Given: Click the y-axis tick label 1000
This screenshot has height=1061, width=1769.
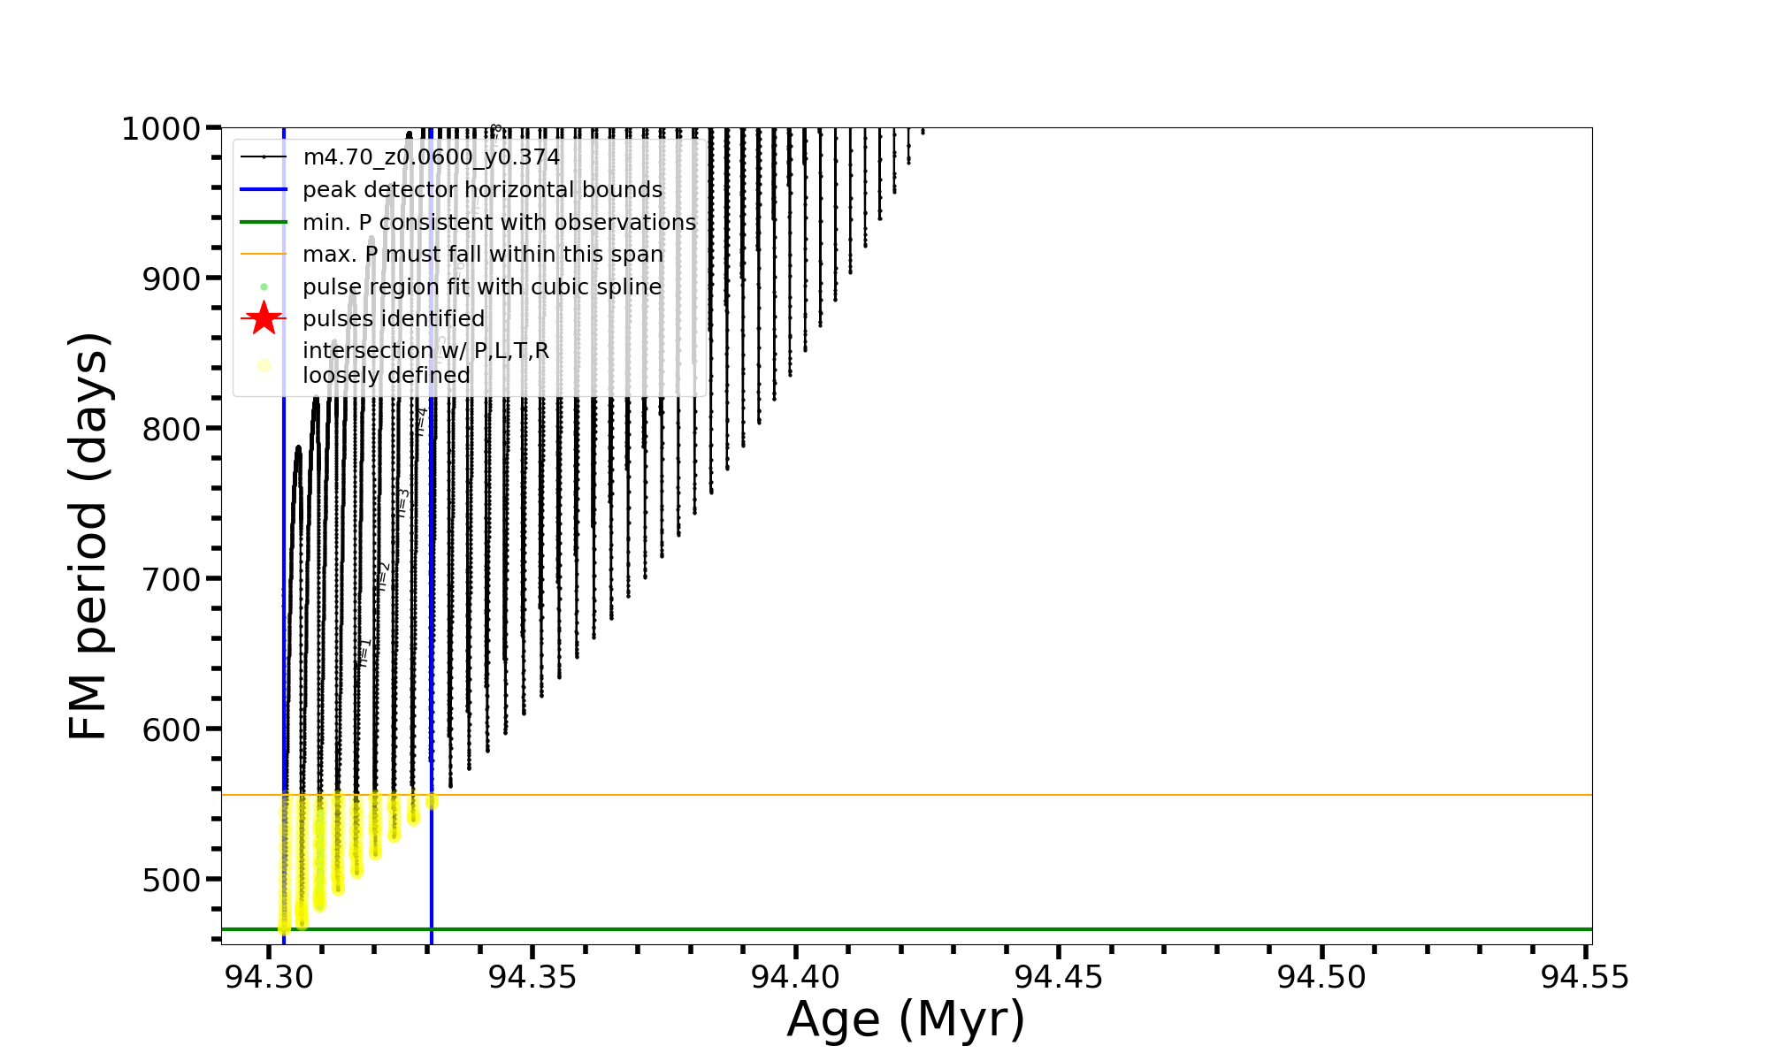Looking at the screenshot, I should tap(165, 129).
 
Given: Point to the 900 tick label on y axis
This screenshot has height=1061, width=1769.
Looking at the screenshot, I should tap(173, 279).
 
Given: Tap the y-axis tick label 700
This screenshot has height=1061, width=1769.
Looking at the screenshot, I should tap(173, 579).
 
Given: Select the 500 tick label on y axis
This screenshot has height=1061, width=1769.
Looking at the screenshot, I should tap(173, 879).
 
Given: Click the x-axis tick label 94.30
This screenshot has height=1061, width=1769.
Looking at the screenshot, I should tap(268, 977).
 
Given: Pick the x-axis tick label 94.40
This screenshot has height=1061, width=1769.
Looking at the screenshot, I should tap(795, 977).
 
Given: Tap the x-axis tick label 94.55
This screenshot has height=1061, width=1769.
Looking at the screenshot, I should tap(1585, 977).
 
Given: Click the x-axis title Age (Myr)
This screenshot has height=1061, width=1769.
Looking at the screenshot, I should tap(906, 1019).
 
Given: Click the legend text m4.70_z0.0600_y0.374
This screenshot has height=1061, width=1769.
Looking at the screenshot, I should tap(431, 157).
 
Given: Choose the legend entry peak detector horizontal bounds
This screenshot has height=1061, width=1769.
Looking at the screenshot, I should tap(482, 190).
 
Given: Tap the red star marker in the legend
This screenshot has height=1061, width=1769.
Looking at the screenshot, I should tap(264, 318).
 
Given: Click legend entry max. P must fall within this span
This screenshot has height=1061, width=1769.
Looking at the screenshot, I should tap(482, 255).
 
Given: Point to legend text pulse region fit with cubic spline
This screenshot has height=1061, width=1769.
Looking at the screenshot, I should tap(481, 287).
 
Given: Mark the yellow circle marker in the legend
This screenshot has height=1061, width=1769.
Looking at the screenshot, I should tap(264, 365).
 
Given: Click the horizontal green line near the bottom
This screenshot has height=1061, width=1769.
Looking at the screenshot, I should tap(973, 929).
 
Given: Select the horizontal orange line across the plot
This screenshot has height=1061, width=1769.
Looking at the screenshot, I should tap(973, 795).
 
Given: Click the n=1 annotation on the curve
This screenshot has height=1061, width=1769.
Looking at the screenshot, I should tap(364, 652).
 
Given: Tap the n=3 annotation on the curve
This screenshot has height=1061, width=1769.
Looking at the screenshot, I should tap(403, 502).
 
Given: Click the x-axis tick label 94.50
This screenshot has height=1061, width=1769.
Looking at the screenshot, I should tap(1321, 977).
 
